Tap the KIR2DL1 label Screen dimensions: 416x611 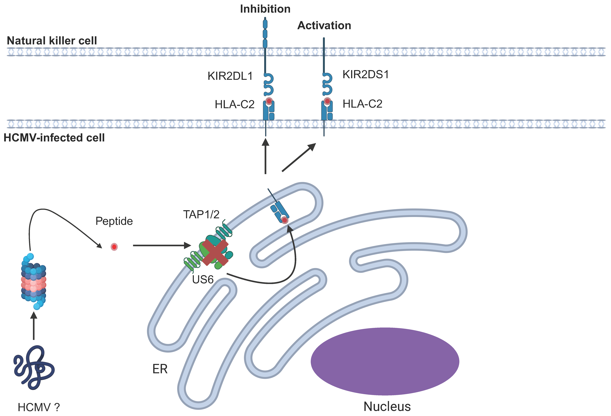click(230, 76)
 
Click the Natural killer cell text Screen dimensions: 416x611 click(52, 41)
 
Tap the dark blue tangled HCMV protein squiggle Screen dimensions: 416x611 click(34, 367)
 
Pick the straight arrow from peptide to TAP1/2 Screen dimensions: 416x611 click(162, 245)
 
